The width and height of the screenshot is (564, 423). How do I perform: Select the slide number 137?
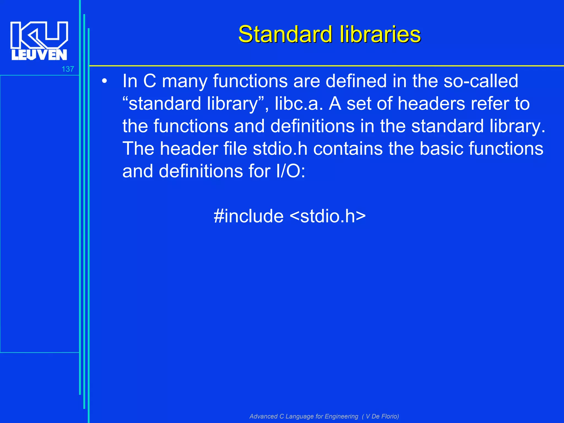click(x=68, y=69)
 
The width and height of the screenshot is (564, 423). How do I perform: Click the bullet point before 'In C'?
click(x=104, y=82)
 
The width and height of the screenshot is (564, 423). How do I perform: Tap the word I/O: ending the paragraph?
click(x=291, y=171)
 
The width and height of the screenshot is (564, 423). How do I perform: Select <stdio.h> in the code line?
click(x=328, y=216)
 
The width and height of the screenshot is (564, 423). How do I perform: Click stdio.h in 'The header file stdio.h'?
click(x=280, y=149)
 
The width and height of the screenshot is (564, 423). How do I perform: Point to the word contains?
click(x=348, y=149)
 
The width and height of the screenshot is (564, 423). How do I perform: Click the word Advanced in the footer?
click(x=263, y=416)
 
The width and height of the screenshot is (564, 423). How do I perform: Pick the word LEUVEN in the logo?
click(x=39, y=55)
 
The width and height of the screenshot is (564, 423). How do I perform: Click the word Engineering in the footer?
click(x=341, y=416)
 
